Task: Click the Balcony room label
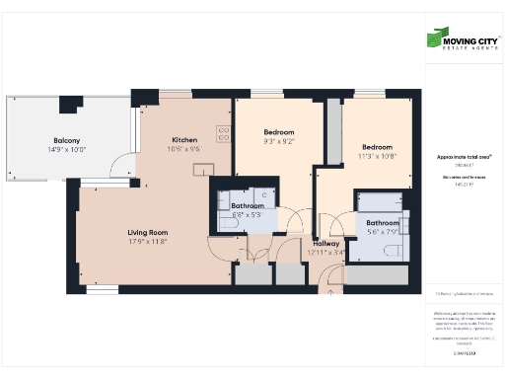[67, 140]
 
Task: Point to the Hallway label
[326, 243]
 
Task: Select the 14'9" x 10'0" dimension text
[67, 149]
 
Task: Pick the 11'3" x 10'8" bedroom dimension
[377, 155]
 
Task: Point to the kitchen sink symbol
[204, 169]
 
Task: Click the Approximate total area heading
[464, 157]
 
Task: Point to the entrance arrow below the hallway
[331, 289]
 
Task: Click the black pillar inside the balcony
[70, 104]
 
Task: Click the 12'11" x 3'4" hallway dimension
[326, 252]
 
